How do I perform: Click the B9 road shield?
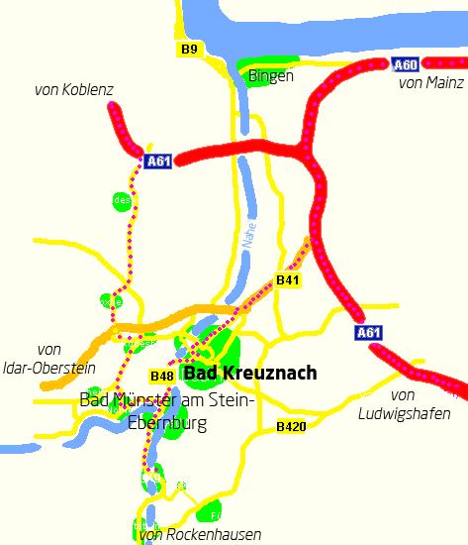(190, 49)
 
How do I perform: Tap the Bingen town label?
(271, 76)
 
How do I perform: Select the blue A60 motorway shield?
(406, 65)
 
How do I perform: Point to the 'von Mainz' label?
(430, 83)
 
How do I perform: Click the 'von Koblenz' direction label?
(74, 90)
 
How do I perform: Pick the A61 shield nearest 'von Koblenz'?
(158, 162)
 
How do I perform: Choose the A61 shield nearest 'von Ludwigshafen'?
(368, 332)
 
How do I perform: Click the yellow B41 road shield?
(288, 281)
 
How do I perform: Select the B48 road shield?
(162, 376)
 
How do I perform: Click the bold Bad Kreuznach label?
(250, 374)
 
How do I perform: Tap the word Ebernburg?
(167, 423)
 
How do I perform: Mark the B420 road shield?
(291, 426)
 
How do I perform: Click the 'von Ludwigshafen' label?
(404, 404)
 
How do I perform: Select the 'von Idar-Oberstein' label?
(47, 359)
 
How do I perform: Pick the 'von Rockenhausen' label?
(201, 535)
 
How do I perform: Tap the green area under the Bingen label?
(258, 77)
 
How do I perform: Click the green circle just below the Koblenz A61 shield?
(122, 201)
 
